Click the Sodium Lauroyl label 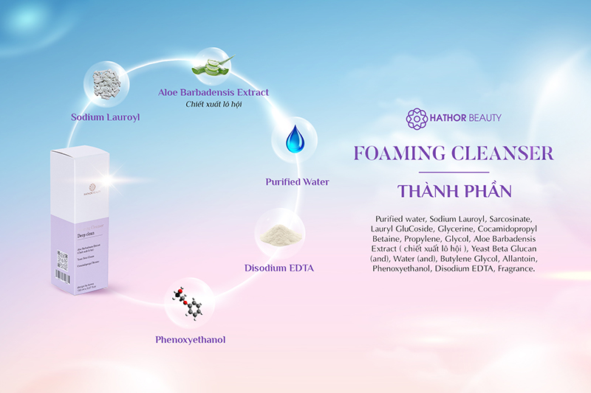click(x=106, y=116)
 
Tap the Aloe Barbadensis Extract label click(x=213, y=93)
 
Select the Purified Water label click(x=298, y=181)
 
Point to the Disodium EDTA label click(x=279, y=268)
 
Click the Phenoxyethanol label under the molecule click(x=190, y=340)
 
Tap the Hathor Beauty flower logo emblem click(x=417, y=118)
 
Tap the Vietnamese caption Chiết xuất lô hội click(x=213, y=105)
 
